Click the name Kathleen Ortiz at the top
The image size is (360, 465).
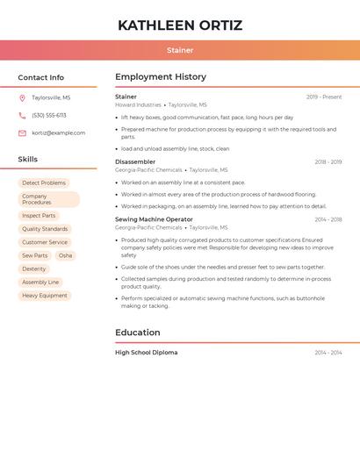pos(180,25)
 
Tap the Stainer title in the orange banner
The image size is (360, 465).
pos(180,51)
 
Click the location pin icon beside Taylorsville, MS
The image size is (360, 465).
pos(22,98)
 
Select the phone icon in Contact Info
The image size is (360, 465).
pos(22,116)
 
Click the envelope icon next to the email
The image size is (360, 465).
pos(22,133)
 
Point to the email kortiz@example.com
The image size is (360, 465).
pos(59,133)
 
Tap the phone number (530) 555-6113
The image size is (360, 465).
pos(49,116)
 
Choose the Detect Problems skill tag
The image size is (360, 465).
pos(44,183)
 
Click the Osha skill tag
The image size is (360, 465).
pos(66,255)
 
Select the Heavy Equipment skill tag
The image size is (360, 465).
pos(45,296)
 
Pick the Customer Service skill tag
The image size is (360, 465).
pos(45,242)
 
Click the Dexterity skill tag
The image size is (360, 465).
pos(34,269)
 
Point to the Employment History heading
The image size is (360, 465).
pos(161,77)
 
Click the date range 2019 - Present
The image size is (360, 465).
pos(324,97)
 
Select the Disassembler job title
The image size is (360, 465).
pos(135,161)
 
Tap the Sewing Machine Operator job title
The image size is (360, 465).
pos(154,219)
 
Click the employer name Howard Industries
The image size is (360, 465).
pos(138,104)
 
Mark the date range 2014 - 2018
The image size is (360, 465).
pos(328,219)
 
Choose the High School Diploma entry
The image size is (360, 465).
pos(146,353)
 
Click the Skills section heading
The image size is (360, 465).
pos(28,160)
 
